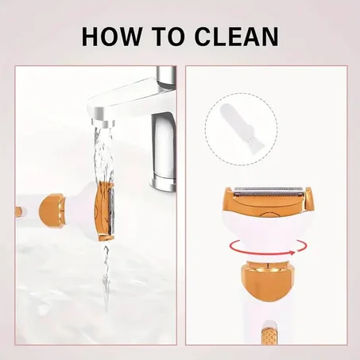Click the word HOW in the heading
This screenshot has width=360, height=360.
pyautogui.click(x=111, y=37)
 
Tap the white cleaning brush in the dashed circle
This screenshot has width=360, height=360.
pyautogui.click(x=229, y=125)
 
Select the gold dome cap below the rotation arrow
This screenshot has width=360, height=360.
pyautogui.click(x=267, y=281)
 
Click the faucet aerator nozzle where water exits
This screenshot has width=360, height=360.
pyautogui.click(x=103, y=123)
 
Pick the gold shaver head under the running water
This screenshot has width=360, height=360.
pyautogui.click(x=105, y=211)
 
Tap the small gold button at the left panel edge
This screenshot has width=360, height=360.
pyautogui.click(x=18, y=211)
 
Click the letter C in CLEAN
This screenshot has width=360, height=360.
pyautogui.click(x=204, y=37)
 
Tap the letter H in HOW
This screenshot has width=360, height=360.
pyautogui.click(x=91, y=37)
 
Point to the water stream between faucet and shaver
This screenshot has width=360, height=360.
pyautogui.click(x=105, y=154)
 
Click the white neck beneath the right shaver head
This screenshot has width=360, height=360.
pyautogui.click(x=268, y=233)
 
